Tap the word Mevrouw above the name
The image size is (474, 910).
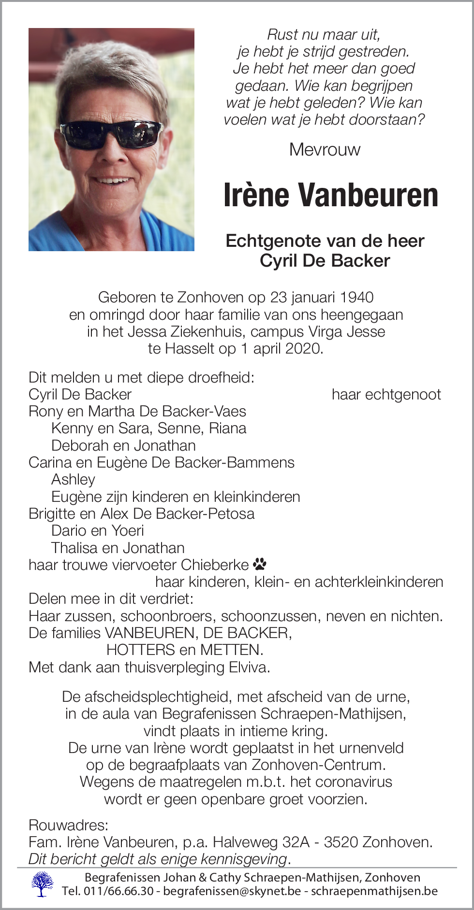click(325, 150)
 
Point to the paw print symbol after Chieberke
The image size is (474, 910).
click(260, 564)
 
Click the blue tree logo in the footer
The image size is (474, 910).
click(43, 884)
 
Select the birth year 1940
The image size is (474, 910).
click(356, 298)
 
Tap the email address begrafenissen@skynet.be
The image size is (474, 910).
click(232, 891)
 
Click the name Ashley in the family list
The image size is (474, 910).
click(73, 480)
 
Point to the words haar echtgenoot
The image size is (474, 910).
click(386, 395)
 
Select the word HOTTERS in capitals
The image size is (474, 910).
click(141, 650)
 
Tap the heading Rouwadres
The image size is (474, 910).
click(68, 825)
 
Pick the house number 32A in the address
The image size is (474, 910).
click(296, 842)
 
